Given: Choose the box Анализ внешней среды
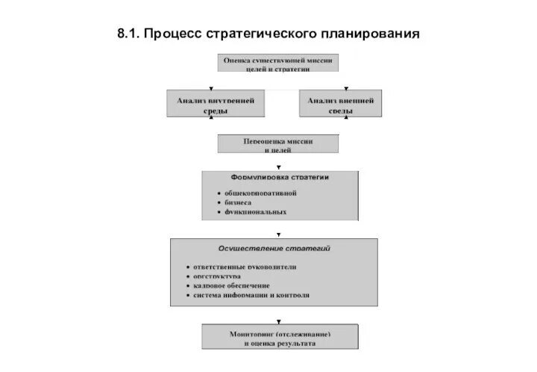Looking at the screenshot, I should coord(341,104).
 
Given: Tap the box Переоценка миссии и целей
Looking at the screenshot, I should coord(277,144).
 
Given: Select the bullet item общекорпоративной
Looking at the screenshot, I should coord(261,192).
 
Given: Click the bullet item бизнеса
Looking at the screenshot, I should coord(239,202).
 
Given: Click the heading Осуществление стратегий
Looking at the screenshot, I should coord(274,247).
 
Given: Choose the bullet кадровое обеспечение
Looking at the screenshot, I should coord(231,285).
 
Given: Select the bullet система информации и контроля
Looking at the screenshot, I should coord(251,295).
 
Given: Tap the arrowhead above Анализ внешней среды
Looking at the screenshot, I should coord(341,88).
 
